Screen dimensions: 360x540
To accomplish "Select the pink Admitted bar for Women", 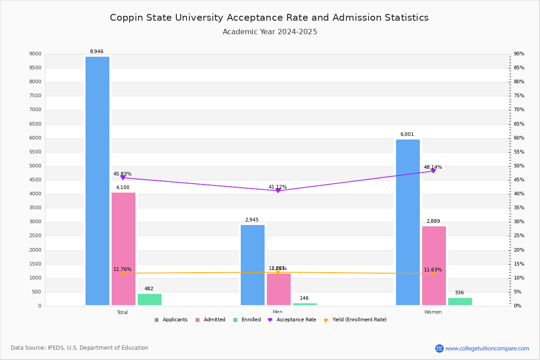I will [x=434, y=265].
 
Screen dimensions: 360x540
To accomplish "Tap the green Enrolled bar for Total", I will [x=149, y=300].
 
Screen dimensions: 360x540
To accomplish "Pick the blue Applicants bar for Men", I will [x=252, y=265].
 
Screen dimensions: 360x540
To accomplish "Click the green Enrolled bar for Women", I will [x=460, y=301].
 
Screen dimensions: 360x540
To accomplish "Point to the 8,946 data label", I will [x=96, y=52].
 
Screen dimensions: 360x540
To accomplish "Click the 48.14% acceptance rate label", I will [x=432, y=167].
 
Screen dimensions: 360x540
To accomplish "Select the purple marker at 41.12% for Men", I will [x=278, y=191].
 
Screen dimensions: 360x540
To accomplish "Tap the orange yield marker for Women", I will [x=433, y=274].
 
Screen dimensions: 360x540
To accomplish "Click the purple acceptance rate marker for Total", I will [x=123, y=178].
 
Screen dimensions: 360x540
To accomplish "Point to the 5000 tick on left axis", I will [x=36, y=166].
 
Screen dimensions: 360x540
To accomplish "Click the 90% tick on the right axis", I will [x=519, y=54].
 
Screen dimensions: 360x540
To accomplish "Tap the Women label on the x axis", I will [x=433, y=312].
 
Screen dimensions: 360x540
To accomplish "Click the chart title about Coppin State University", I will [x=269, y=18].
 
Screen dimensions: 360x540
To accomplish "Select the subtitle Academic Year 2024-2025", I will [x=270, y=32].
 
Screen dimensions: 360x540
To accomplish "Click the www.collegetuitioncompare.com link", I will [x=487, y=348].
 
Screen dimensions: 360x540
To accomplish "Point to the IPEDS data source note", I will [x=80, y=348].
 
